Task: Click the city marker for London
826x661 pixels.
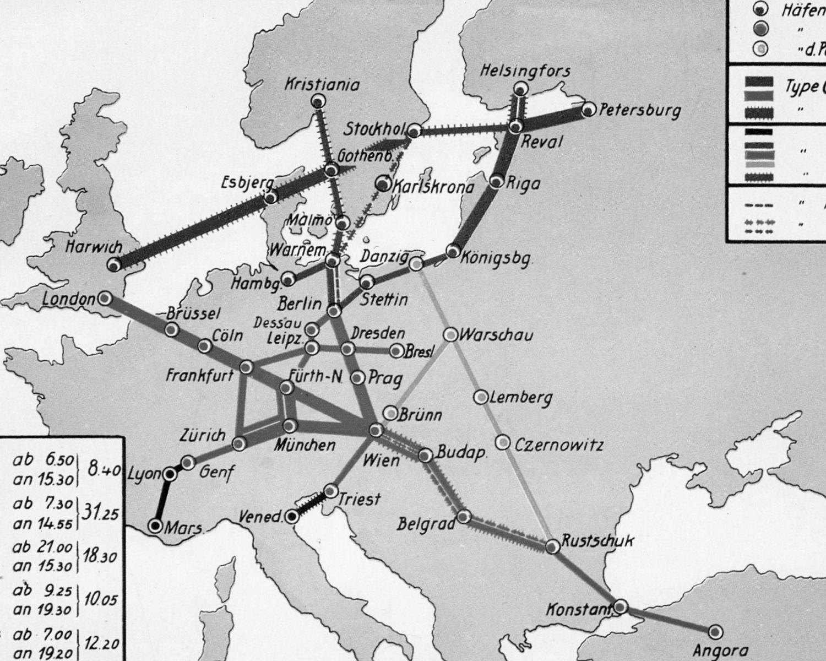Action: (x=105, y=299)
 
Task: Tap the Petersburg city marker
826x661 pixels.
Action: (x=589, y=110)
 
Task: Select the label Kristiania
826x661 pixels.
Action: (x=322, y=85)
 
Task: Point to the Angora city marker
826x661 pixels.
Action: (x=715, y=631)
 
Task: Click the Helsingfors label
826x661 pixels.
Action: (x=525, y=71)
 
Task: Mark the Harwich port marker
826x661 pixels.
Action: (x=115, y=266)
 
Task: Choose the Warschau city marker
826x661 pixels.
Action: (x=450, y=334)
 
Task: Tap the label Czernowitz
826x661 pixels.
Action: (x=559, y=445)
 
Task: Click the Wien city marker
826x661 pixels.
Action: (x=376, y=430)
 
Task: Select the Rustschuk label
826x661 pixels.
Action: (x=597, y=541)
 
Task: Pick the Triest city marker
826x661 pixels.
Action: (x=330, y=491)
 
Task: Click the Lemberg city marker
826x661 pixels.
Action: (x=481, y=397)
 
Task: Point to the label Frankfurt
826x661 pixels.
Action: (x=200, y=376)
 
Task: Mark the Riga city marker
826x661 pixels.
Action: (x=497, y=181)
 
